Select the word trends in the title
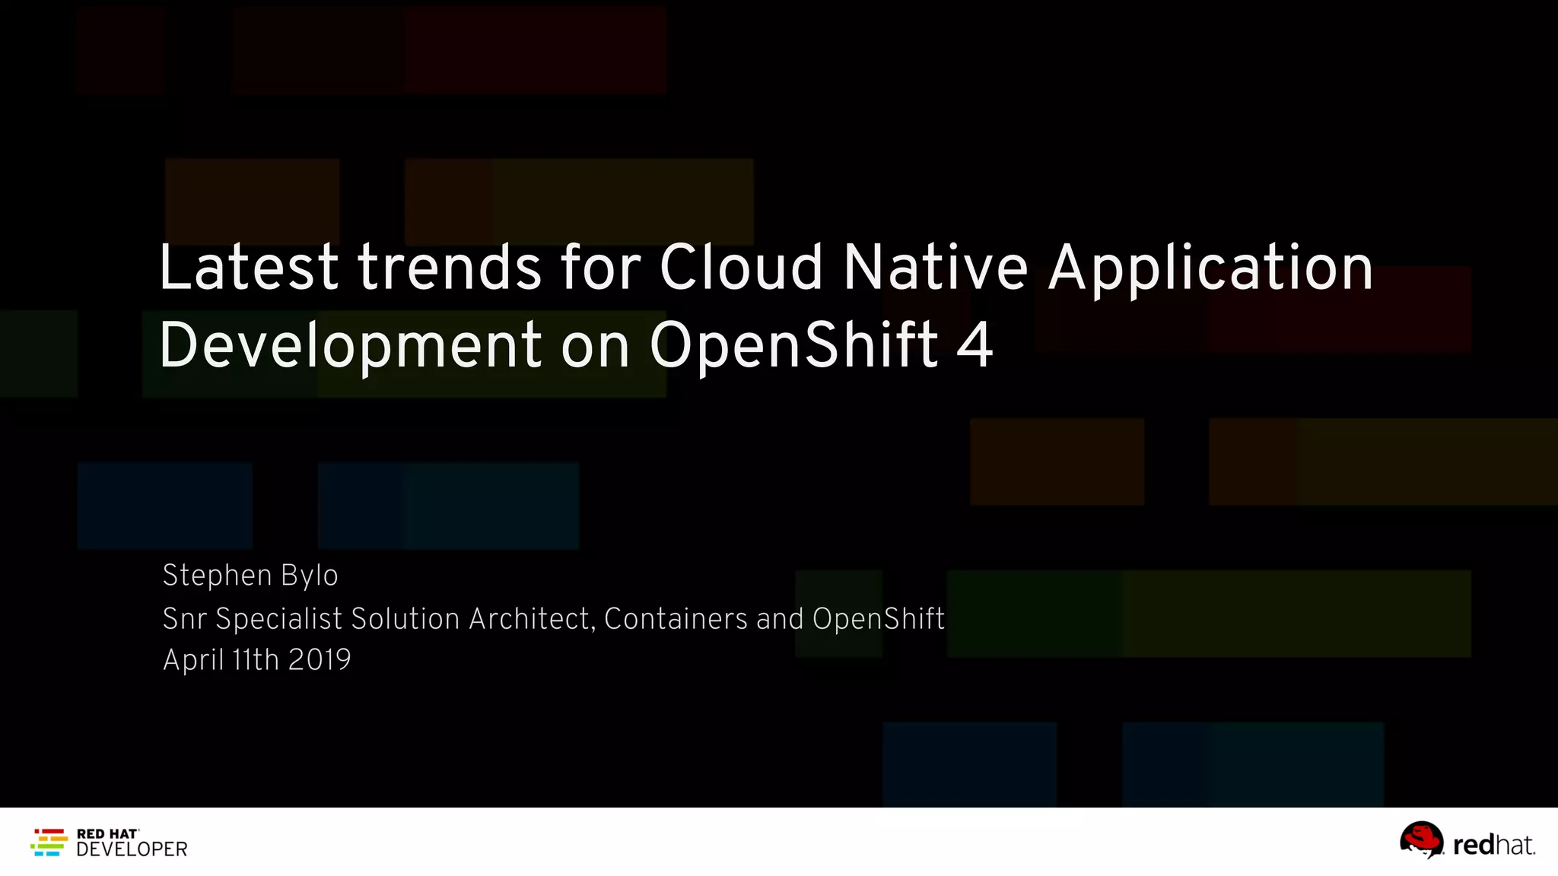pos(450,268)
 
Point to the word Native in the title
pos(936,268)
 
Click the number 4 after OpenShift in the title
pos(975,345)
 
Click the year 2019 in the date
pos(320,659)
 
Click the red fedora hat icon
pos(1421,839)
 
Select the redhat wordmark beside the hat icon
pos(1493,845)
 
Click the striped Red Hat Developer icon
pos(49,843)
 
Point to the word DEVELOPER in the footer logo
pos(132,849)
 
